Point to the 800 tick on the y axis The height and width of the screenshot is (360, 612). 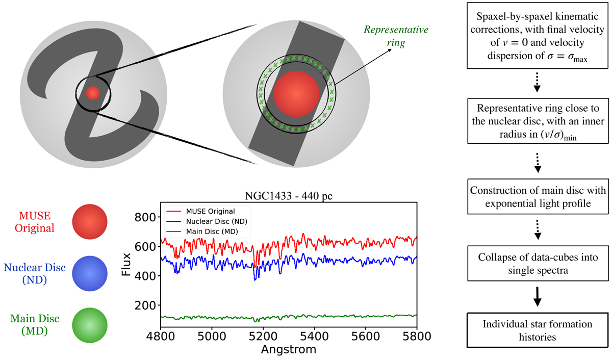click(143, 217)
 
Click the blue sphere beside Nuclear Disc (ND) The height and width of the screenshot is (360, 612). click(90, 273)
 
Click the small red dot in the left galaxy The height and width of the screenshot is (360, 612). click(92, 93)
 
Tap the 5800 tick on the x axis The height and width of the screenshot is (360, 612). click(417, 338)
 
